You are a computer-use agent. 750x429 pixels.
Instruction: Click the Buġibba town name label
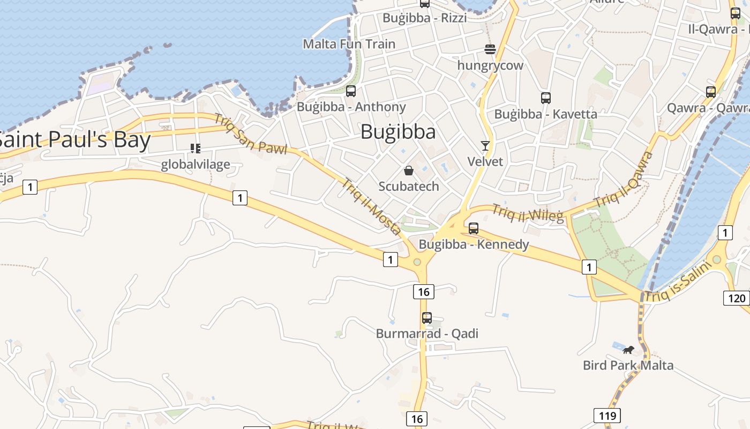(x=397, y=132)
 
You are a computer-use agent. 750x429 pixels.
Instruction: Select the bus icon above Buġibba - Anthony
(x=351, y=91)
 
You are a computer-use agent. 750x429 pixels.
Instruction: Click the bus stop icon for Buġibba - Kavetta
(x=546, y=98)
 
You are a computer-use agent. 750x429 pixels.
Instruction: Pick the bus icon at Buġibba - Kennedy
(x=474, y=228)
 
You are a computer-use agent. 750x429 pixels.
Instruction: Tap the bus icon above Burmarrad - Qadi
(x=427, y=317)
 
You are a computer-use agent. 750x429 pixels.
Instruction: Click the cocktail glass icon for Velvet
(x=485, y=146)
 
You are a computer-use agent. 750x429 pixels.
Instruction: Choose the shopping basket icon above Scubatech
(x=409, y=171)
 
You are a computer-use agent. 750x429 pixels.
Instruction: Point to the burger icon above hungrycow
(x=490, y=49)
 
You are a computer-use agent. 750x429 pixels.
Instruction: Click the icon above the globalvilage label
(x=196, y=148)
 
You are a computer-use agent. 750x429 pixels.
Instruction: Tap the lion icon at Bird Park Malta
(x=628, y=350)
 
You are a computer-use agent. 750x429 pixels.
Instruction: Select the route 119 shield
(x=606, y=415)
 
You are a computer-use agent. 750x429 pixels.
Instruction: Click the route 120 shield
(x=736, y=298)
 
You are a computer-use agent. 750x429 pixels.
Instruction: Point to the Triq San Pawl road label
(x=251, y=134)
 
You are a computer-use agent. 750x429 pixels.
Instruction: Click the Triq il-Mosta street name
(x=372, y=206)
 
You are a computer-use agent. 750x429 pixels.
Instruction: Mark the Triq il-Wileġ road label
(x=528, y=213)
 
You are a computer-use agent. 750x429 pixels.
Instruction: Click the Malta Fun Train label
(x=349, y=44)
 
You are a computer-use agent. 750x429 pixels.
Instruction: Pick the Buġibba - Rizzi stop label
(x=424, y=18)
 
